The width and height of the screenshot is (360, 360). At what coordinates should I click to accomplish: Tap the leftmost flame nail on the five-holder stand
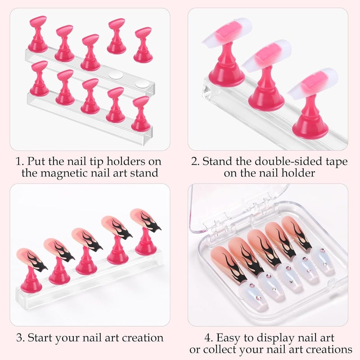[31, 259]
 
